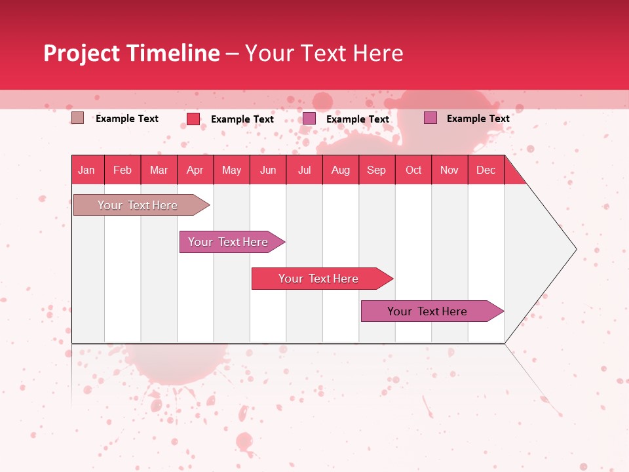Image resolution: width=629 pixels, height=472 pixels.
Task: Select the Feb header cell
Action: click(123, 170)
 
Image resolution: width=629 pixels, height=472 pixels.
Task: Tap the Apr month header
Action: click(195, 170)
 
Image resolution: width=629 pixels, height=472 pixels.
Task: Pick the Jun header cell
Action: click(268, 170)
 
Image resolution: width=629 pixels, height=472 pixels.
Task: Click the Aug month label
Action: click(341, 170)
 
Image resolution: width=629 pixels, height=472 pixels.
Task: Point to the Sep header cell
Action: click(377, 170)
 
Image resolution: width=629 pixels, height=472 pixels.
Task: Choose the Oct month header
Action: click(413, 170)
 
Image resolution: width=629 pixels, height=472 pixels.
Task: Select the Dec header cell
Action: click(486, 170)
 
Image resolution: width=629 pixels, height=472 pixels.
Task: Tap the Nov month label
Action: click(449, 170)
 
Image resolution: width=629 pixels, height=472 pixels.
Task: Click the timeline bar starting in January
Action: click(138, 205)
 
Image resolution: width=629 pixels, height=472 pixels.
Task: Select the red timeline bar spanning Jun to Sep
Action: click(319, 279)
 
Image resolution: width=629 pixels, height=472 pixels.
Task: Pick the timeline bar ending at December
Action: click(428, 311)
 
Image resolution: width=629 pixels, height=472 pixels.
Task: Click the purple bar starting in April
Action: click(229, 242)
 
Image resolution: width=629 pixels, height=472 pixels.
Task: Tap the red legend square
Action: click(193, 119)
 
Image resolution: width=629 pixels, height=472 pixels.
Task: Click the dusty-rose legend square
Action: click(77, 118)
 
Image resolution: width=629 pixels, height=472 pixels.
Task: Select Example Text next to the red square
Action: click(242, 119)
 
